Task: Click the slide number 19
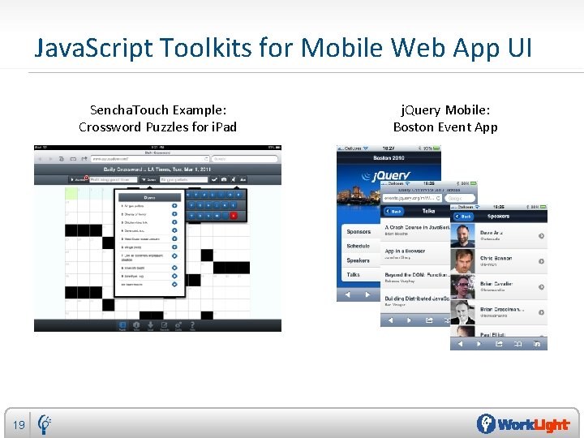tap(19, 424)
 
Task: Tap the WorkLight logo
tap(523, 424)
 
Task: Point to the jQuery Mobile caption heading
tap(445, 109)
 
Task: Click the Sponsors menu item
tap(358, 231)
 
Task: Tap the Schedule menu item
tap(358, 246)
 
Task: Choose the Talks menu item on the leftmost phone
tap(354, 275)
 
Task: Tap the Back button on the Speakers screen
tap(463, 217)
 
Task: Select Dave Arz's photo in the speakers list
tap(462, 236)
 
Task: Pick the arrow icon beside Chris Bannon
tap(540, 260)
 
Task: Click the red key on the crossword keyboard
tap(234, 215)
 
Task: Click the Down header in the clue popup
tap(149, 196)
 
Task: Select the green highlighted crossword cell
tap(73, 193)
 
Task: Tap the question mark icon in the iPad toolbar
tap(192, 326)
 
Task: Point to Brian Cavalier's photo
tap(462, 286)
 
